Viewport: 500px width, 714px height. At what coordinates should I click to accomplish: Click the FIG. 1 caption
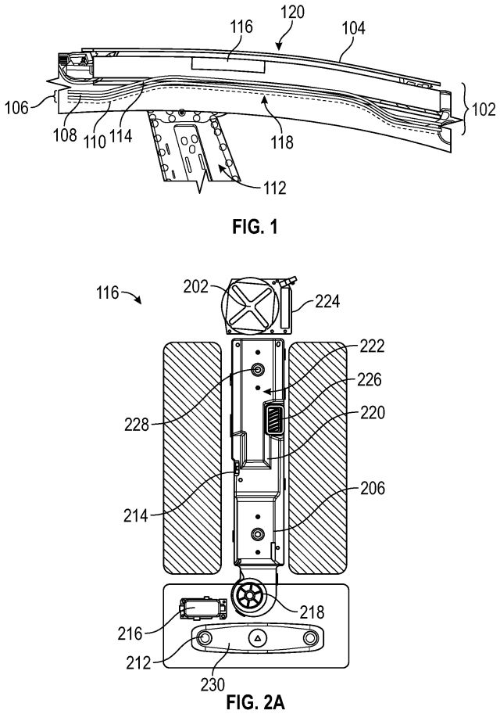coord(255,226)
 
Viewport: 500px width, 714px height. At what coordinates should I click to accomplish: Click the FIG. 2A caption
coord(255,702)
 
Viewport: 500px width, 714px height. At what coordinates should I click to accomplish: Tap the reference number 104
coord(353,28)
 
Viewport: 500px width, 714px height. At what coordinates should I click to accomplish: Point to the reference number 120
coord(291,13)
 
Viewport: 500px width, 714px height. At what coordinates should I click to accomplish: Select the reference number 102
coord(483,109)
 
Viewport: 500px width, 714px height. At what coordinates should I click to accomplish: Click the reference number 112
coord(274,187)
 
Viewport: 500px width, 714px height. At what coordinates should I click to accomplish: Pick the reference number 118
coord(282,142)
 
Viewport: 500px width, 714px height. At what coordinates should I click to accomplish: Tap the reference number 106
coord(17,108)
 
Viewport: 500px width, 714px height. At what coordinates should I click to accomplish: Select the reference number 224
coord(327,301)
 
